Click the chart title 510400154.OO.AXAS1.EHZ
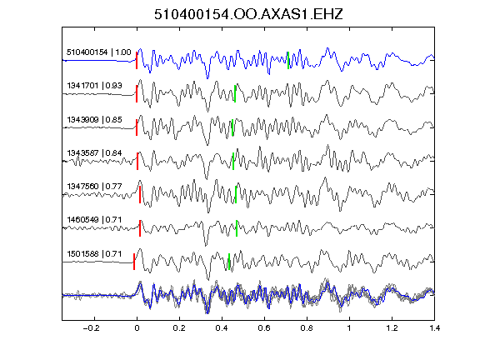tap(248, 14)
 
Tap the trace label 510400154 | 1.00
tap(99, 52)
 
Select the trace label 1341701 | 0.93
tap(94, 86)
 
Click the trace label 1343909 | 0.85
tap(94, 119)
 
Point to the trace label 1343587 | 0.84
tap(94, 152)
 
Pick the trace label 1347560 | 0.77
tap(94, 186)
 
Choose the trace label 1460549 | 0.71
tap(94, 220)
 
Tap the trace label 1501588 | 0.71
tap(94, 254)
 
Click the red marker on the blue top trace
tap(137, 60)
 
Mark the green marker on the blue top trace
tap(288, 60)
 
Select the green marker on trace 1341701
tap(235, 93)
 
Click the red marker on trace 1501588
tap(134, 262)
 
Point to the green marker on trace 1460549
tap(237, 228)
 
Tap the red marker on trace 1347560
tap(140, 194)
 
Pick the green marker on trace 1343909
tap(232, 127)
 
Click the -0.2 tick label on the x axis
tap(91, 328)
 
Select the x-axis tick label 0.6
tap(264, 328)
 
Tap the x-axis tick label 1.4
tap(434, 328)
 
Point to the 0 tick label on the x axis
tap(137, 328)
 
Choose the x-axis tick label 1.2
tap(392, 328)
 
